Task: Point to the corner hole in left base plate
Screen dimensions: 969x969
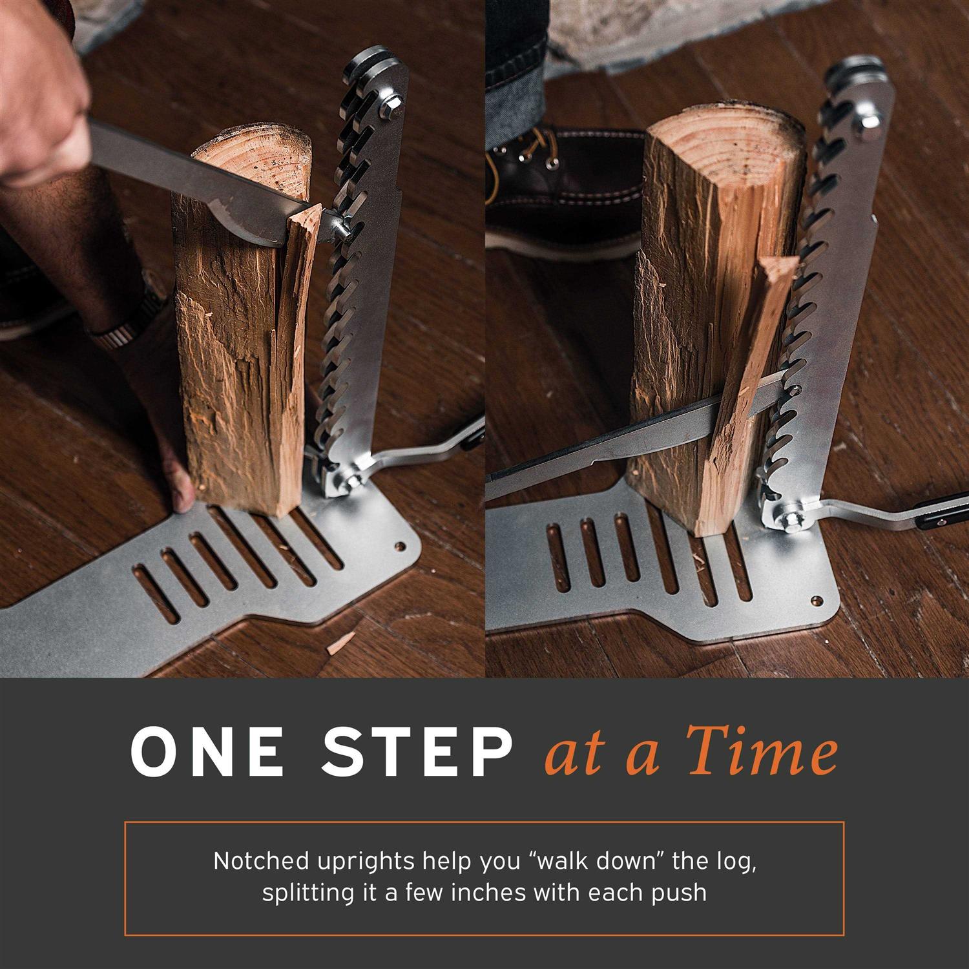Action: (x=398, y=546)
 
